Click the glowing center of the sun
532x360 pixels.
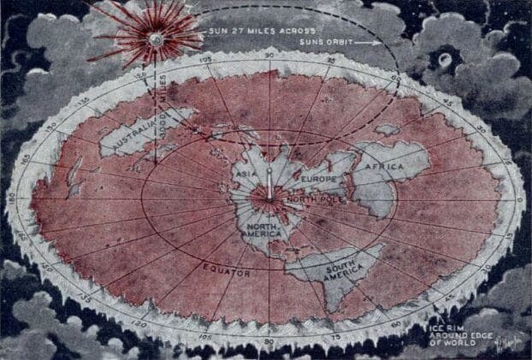(156, 39)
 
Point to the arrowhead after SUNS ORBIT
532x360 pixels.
(378, 43)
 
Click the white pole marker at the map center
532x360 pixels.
(269, 184)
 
